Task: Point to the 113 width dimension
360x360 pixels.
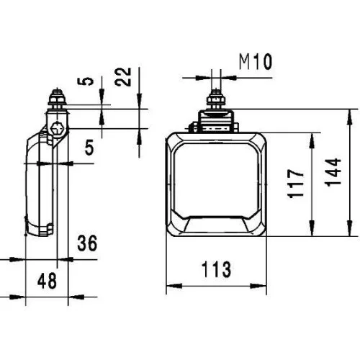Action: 216,270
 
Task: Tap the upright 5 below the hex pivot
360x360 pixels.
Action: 90,148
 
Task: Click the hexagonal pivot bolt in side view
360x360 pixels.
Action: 58,130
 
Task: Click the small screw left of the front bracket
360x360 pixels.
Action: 192,129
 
